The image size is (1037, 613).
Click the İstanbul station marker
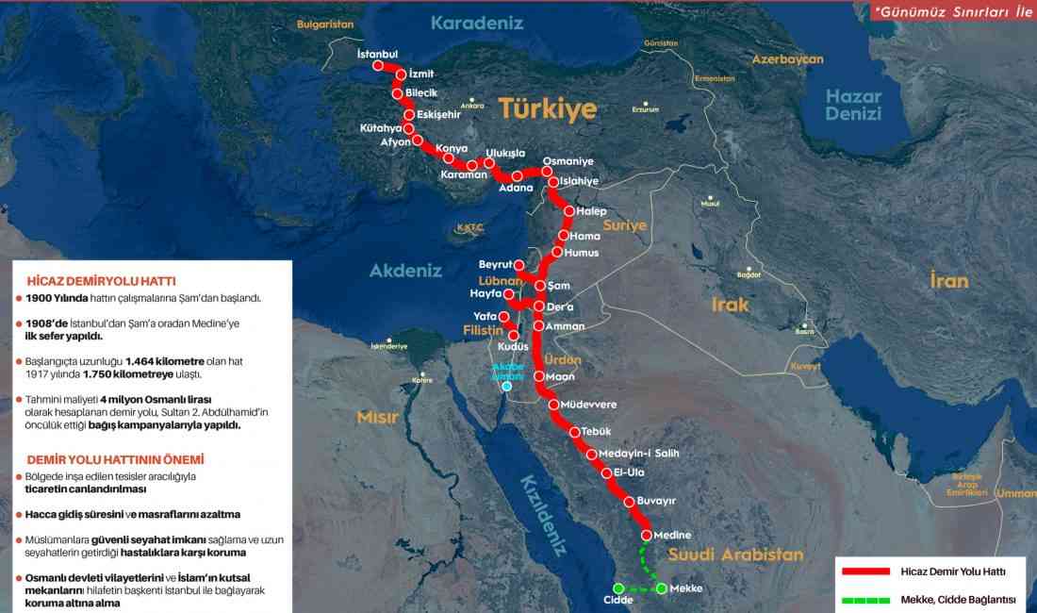point(380,66)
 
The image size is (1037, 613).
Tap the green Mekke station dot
point(662,588)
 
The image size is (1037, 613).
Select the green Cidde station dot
point(618,588)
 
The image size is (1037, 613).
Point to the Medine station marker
point(647,536)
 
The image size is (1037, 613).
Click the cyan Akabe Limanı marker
point(507,386)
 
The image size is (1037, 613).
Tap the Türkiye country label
point(548,108)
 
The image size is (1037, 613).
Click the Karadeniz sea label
point(477,23)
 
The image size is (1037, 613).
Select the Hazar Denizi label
point(854,105)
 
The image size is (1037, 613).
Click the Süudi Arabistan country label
point(735,555)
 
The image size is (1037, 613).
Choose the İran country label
point(949,280)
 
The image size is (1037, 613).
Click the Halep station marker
point(569,211)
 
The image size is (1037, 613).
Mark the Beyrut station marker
point(518,265)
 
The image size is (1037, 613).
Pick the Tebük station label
point(597,431)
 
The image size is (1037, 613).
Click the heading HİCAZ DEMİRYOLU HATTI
point(102,281)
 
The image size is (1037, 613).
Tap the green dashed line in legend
point(865,599)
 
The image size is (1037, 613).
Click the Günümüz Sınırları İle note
point(952,12)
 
